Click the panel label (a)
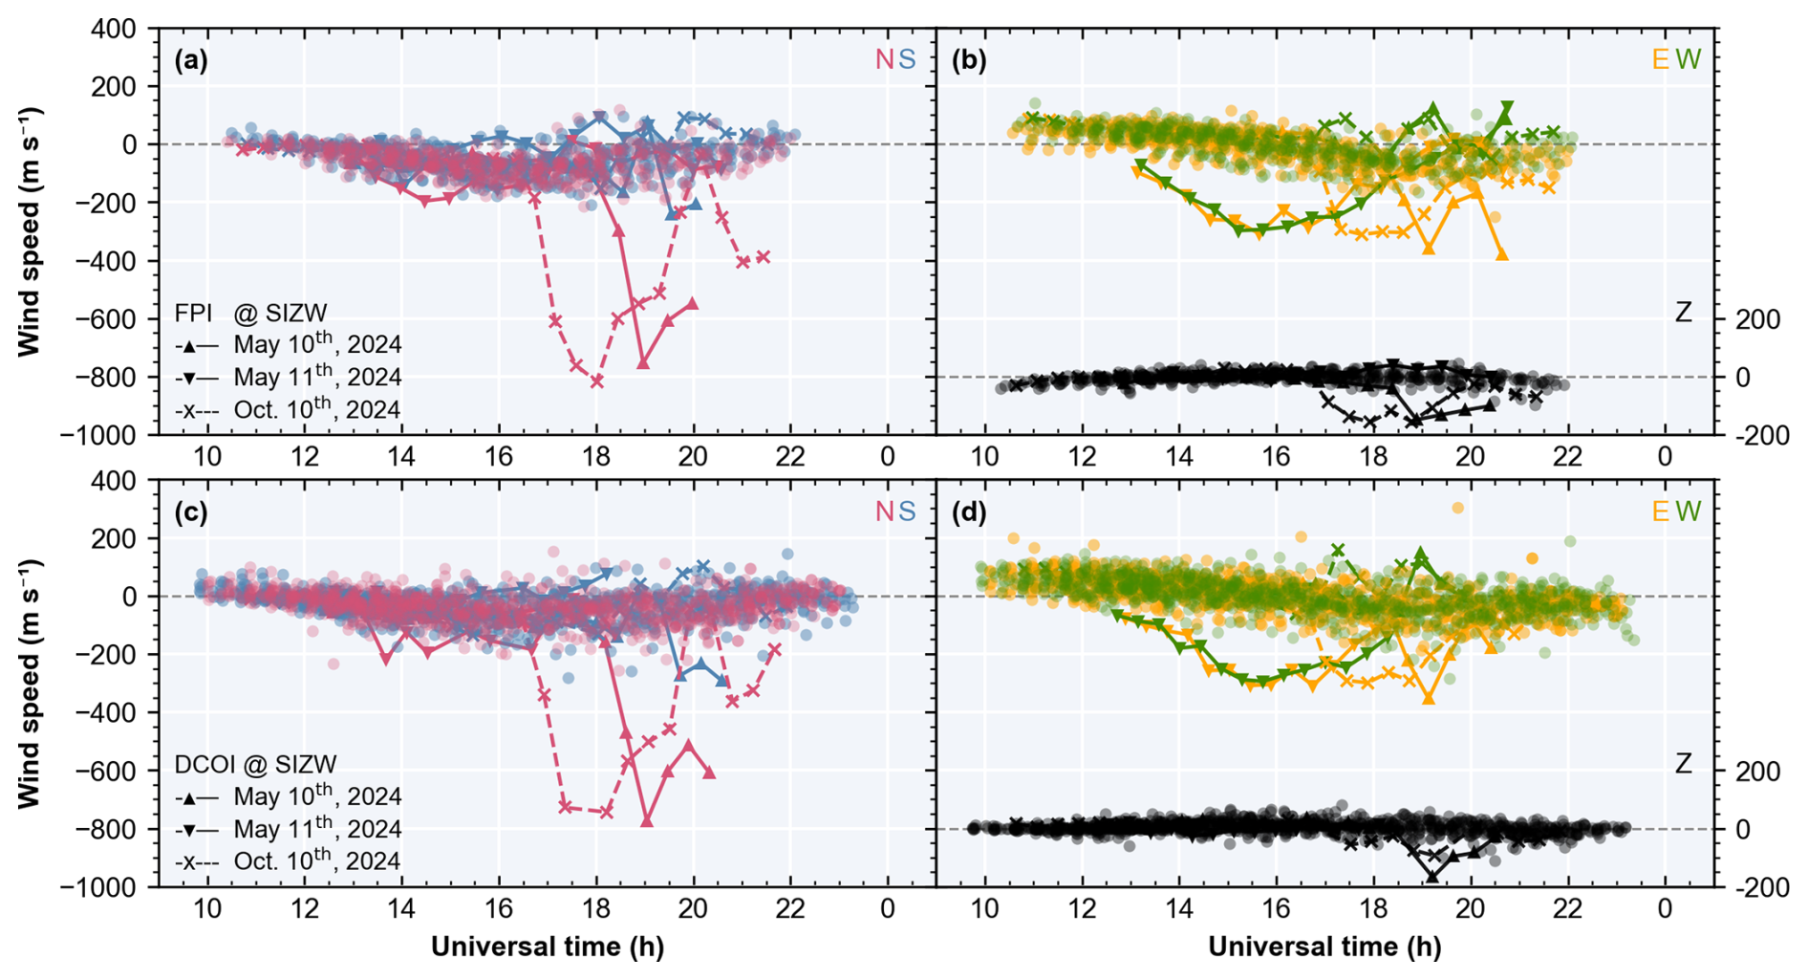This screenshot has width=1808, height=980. (x=191, y=60)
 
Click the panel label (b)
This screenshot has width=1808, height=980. (x=969, y=60)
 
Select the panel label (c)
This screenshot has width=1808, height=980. (x=191, y=512)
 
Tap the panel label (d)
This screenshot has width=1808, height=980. (x=969, y=512)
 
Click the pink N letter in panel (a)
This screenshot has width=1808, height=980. (x=884, y=60)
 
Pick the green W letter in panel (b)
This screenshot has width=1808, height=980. (x=1688, y=60)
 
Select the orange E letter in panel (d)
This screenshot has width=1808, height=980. (x=1661, y=512)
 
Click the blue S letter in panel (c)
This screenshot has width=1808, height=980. (x=907, y=512)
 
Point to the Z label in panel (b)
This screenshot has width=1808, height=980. (x=1684, y=312)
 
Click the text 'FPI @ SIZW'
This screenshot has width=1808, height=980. (x=250, y=313)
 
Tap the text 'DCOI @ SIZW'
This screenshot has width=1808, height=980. (x=255, y=765)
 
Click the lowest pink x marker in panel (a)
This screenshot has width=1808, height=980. (x=597, y=381)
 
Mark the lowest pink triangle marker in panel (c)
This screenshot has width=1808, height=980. (x=647, y=820)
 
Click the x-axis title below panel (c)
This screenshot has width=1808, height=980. (x=547, y=947)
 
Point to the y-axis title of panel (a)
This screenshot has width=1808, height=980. (x=30, y=232)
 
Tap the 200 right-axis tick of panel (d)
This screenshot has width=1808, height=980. (x=1757, y=772)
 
